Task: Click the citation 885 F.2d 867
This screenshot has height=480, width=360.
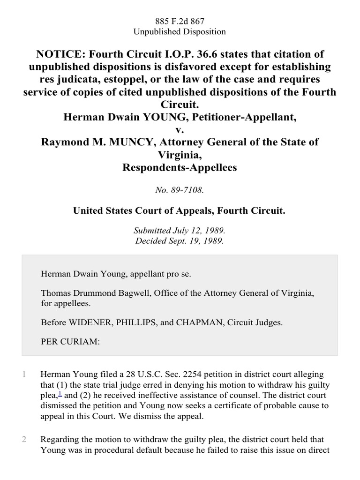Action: pyautogui.click(x=180, y=21)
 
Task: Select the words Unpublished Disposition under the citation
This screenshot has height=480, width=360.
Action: pyautogui.click(x=180, y=32)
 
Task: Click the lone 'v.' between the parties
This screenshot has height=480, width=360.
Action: pyautogui.click(x=180, y=129)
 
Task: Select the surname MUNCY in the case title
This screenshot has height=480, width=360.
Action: pyautogui.click(x=134, y=142)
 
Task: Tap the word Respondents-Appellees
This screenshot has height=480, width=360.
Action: pyautogui.click(x=180, y=166)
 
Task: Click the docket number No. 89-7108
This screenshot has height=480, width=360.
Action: pyautogui.click(x=180, y=190)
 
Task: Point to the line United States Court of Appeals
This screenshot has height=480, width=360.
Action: pyautogui.click(x=180, y=211)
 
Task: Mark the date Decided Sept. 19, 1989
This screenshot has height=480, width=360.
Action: pyautogui.click(x=180, y=241)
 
